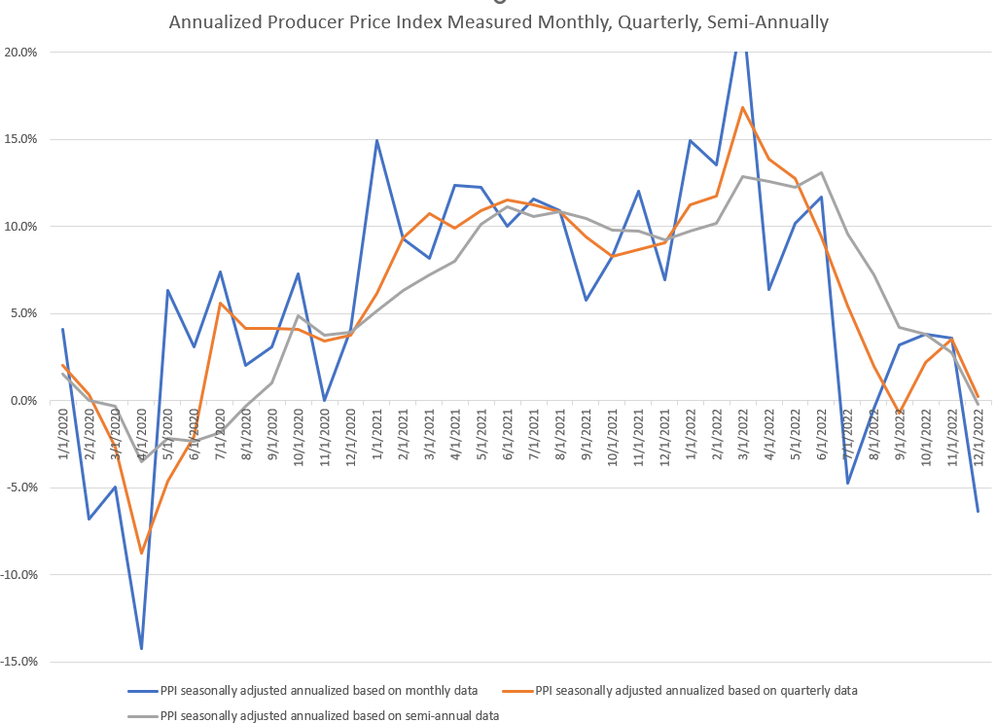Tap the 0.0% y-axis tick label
(x=22, y=401)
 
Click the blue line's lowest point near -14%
(x=142, y=649)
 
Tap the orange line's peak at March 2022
(x=742, y=107)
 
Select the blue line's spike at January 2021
(x=376, y=140)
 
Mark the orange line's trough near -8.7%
(x=142, y=554)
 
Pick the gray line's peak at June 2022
(x=821, y=172)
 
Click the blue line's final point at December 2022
(x=978, y=512)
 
